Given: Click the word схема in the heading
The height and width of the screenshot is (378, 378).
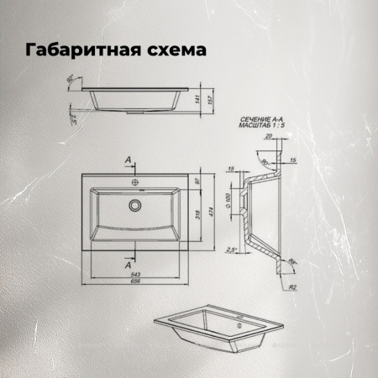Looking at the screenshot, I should point(176,51).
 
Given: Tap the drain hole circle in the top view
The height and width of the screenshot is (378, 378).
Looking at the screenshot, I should point(134,204).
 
